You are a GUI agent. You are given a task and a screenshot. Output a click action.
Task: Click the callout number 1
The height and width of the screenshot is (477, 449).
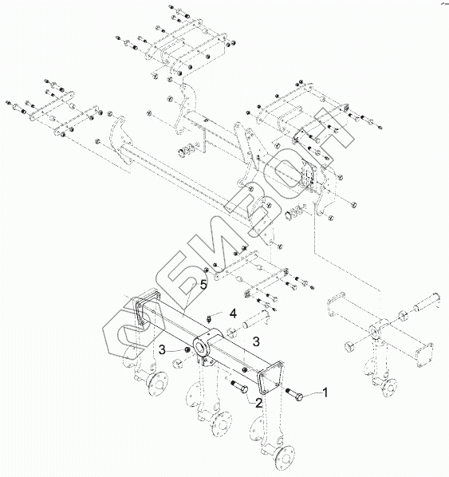(x=325, y=392)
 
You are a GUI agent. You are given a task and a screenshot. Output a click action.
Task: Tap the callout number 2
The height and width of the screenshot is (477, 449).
(x=258, y=404)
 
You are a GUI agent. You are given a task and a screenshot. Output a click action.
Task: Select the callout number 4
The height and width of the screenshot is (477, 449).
(x=233, y=313)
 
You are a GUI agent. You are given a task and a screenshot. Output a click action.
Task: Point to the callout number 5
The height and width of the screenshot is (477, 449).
(x=203, y=285)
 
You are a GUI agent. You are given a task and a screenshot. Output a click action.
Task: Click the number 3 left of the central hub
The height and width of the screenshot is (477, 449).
(x=162, y=350)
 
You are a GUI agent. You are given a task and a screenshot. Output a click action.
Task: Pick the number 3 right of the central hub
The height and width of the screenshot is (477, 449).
(x=256, y=341)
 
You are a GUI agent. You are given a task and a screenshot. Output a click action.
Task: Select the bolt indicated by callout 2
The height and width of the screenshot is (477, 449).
(x=240, y=386)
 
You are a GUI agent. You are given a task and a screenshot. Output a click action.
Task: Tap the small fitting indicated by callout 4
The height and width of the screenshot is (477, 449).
(x=209, y=320)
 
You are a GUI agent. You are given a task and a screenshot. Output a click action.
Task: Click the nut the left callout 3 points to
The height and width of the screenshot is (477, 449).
(x=187, y=350)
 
